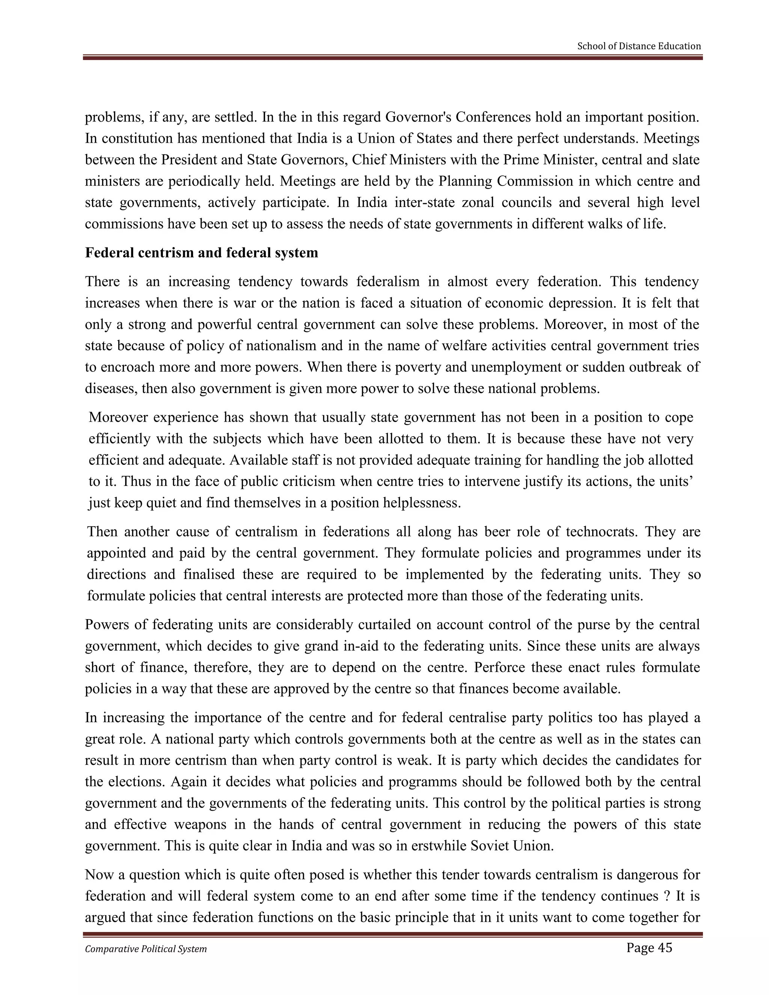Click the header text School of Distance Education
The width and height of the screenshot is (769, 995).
click(639, 46)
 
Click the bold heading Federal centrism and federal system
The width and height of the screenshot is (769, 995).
click(201, 253)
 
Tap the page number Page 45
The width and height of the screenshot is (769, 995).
click(649, 948)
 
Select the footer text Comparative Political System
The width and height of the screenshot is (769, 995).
click(146, 949)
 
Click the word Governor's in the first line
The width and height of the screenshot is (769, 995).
click(418, 117)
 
